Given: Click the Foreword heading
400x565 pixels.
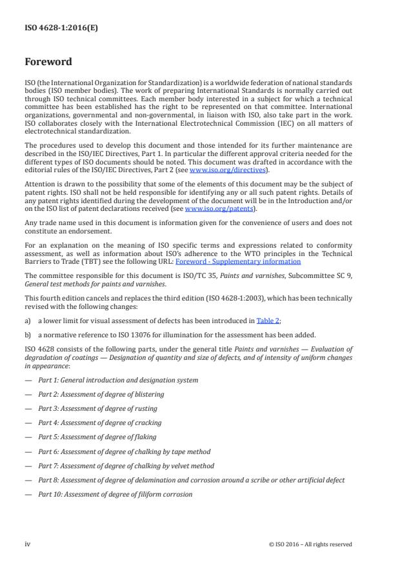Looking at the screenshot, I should click(48, 63).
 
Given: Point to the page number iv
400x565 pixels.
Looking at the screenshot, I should click(28, 544).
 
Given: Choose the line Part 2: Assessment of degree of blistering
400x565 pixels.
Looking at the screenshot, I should click(101, 394).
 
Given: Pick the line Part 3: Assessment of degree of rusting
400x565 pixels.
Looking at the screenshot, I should click(97, 408).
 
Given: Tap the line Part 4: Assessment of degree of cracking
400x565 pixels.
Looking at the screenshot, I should click(99, 422).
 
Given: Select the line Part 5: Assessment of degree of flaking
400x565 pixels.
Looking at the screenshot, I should click(97, 437).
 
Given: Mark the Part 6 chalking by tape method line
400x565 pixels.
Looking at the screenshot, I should click(124, 451).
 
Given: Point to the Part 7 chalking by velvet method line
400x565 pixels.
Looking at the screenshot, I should click(126, 466).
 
